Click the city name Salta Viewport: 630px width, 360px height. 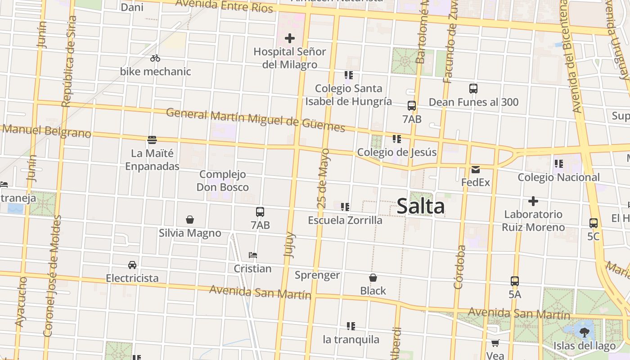(421, 207)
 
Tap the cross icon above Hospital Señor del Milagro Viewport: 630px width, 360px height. (290, 38)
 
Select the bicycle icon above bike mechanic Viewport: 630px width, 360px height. (155, 58)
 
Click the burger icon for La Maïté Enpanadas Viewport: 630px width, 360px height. (152, 140)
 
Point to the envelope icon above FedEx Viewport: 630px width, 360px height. (476, 170)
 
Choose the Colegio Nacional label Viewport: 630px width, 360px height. (558, 177)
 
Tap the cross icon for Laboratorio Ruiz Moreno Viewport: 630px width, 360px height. (533, 201)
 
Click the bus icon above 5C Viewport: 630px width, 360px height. (594, 223)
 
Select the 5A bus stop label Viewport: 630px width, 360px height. (515, 294)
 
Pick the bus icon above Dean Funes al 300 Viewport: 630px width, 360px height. (473, 88)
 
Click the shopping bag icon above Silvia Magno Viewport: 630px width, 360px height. (190, 220)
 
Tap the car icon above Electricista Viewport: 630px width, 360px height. (132, 265)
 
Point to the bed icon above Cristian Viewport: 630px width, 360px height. (253, 255)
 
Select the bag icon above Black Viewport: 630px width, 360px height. (373, 278)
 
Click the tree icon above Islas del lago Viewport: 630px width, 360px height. (585, 333)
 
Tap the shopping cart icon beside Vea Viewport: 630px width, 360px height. (495, 343)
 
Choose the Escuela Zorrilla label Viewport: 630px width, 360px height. (345, 220)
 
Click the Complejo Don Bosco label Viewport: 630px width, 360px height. (223, 180)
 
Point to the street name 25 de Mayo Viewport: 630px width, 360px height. (323, 178)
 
